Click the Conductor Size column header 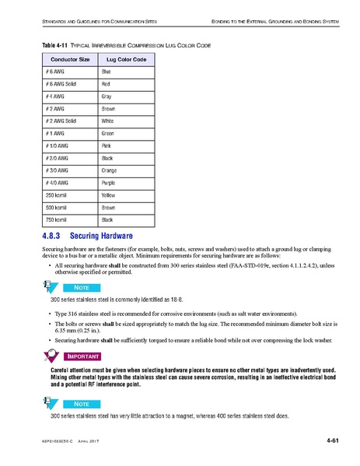click(70, 59)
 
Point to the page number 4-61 click(333, 443)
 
